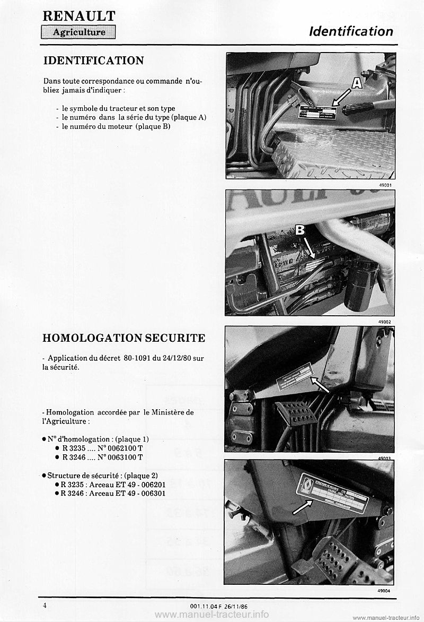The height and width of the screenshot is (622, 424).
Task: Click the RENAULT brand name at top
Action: [x=79, y=16]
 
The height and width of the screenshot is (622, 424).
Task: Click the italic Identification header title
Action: [x=351, y=31]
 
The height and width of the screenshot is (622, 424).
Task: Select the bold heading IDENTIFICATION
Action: [x=93, y=61]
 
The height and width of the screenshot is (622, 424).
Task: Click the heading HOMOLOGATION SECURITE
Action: [x=123, y=338]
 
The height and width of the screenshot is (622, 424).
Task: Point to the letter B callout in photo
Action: [x=299, y=230]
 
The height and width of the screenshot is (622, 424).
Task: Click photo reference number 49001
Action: [x=385, y=185]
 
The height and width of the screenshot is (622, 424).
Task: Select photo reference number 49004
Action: [x=385, y=590]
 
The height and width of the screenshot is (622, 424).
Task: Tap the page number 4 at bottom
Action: [x=47, y=604]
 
